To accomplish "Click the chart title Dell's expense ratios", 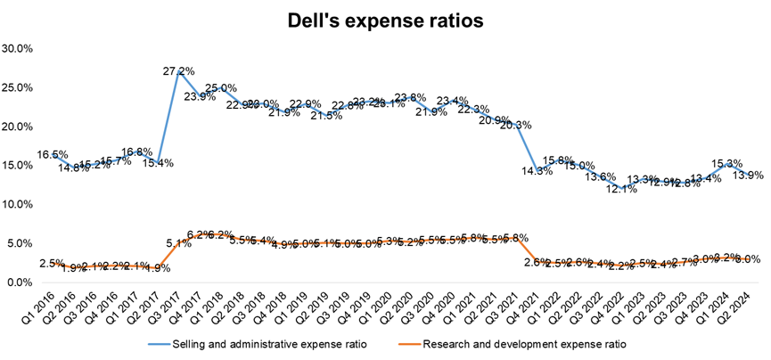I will click(x=385, y=20).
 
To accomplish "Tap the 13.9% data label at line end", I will click(x=747, y=176).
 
